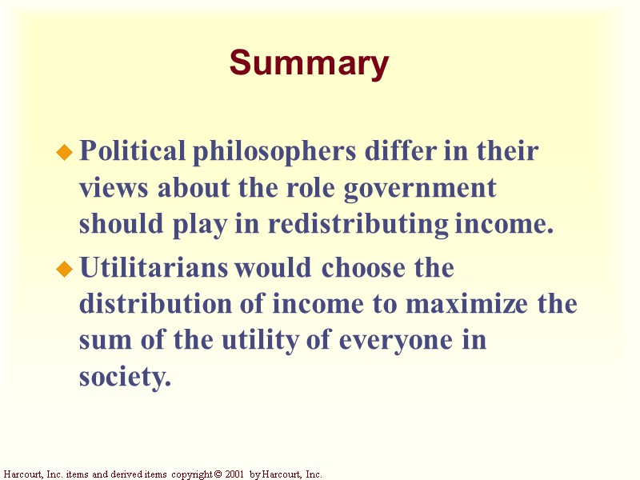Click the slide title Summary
click(309, 63)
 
